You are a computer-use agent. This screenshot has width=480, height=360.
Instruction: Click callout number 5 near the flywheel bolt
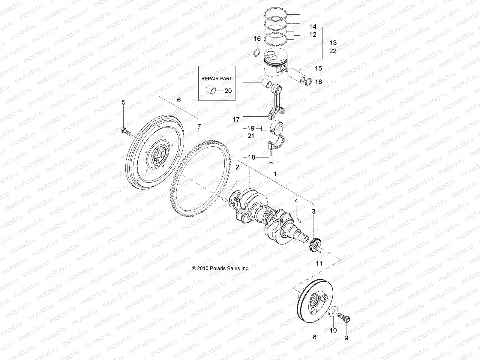pyautogui.click(x=123, y=103)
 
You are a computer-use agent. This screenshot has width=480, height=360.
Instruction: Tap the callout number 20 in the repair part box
pyautogui.click(x=228, y=91)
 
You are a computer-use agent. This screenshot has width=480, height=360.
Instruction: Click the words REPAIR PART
pyautogui.click(x=217, y=78)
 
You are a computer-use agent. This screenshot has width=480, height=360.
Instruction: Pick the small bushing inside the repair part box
pyautogui.click(x=211, y=89)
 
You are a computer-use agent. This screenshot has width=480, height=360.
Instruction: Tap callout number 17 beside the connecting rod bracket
pyautogui.click(x=236, y=120)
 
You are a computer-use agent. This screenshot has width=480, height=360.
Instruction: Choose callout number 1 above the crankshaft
pyautogui.click(x=275, y=174)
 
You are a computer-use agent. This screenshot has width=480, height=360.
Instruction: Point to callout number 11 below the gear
pyautogui.click(x=319, y=263)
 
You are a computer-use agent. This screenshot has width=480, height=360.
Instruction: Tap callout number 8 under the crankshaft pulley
pyautogui.click(x=314, y=337)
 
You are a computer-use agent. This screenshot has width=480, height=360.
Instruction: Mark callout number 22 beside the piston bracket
pyautogui.click(x=333, y=51)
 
